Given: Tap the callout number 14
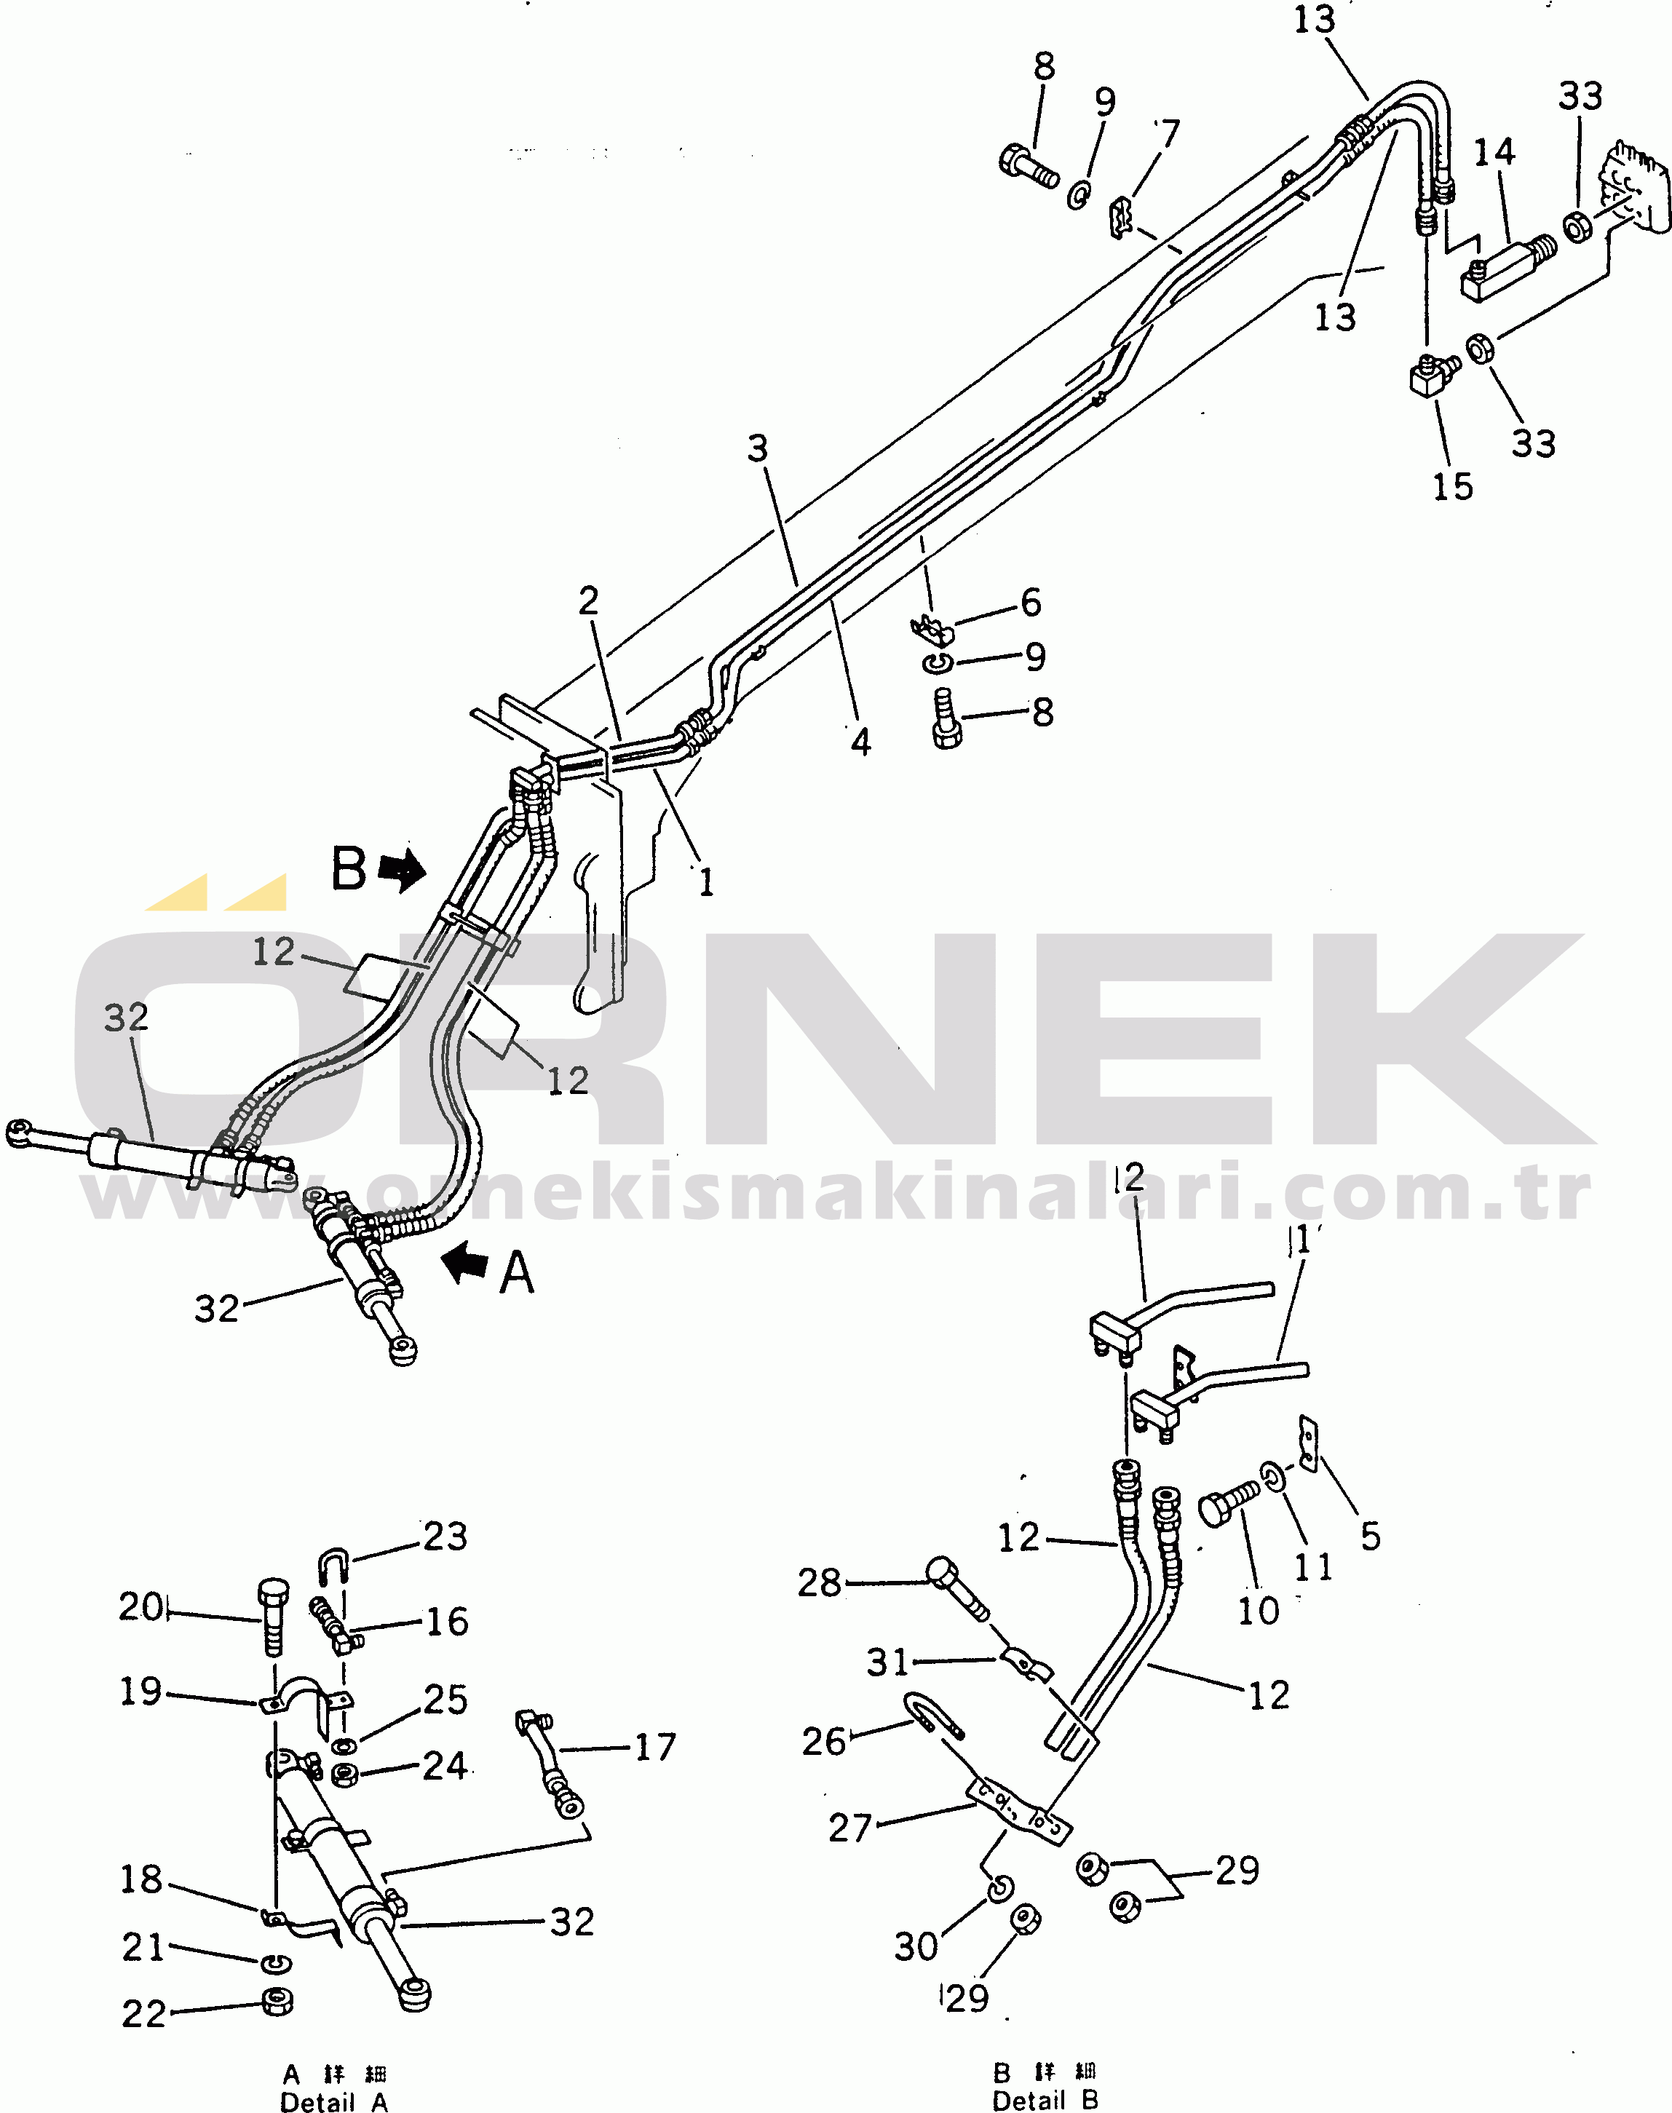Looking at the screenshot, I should (x=1494, y=153).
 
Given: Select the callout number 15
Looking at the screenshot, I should (x=1453, y=486).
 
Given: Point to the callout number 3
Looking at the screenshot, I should (x=758, y=449).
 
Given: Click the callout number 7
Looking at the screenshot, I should (x=1169, y=132).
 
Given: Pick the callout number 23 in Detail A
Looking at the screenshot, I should (x=445, y=1537).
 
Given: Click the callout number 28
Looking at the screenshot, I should (x=820, y=1582).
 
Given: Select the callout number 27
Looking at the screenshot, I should (x=849, y=1827).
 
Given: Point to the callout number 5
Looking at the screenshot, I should (x=1371, y=1536).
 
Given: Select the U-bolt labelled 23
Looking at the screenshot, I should (x=334, y=1566).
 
